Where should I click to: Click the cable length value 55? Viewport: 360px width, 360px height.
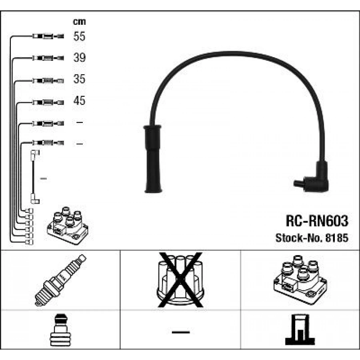tap(80, 37)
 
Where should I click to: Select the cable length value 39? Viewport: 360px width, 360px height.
tap(80, 58)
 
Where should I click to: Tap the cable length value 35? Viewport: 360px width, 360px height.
tap(80, 79)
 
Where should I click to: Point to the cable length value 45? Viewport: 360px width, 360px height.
tap(80, 100)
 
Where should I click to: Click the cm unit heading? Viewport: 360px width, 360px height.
tap(79, 22)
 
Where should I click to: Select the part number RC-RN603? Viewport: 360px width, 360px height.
tap(317, 220)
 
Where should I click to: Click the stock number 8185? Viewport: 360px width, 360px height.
tap(338, 238)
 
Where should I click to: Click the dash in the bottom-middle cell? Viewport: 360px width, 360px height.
tap(180, 332)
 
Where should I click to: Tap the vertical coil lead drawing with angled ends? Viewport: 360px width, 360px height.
tap(34, 176)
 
